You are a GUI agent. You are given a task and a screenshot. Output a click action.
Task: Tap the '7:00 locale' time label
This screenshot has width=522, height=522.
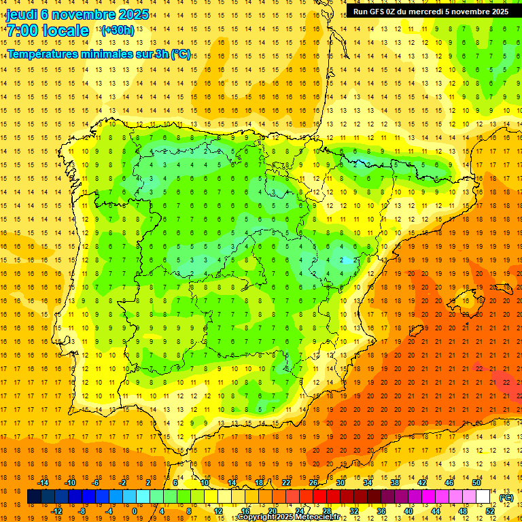click(x=48, y=31)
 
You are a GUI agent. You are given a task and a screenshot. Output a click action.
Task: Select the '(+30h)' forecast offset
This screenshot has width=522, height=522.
click(x=117, y=31)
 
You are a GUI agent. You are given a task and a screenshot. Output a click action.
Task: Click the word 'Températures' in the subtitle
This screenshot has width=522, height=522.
click(x=48, y=54)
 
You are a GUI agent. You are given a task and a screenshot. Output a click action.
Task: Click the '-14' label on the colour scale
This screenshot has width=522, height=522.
click(x=43, y=483)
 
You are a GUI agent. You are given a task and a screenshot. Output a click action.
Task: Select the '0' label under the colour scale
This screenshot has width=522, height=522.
click(x=135, y=511)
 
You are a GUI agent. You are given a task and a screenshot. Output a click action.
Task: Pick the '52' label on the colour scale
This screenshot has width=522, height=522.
click(x=490, y=511)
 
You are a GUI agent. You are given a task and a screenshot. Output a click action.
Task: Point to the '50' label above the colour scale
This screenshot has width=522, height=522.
click(x=476, y=483)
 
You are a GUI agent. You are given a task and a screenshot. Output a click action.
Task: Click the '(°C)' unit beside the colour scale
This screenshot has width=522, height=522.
click(x=506, y=498)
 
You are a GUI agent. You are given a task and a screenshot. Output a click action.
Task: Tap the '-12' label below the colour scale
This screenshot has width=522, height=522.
click(x=56, y=511)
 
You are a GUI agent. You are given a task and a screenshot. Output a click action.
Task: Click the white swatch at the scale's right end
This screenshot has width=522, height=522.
click(x=483, y=497)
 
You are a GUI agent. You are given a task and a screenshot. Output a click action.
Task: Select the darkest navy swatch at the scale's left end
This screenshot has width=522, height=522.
click(x=34, y=497)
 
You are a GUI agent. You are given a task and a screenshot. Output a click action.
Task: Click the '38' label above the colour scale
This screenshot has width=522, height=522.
click(x=395, y=483)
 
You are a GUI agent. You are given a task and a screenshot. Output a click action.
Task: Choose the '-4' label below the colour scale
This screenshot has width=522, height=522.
click(x=109, y=511)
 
